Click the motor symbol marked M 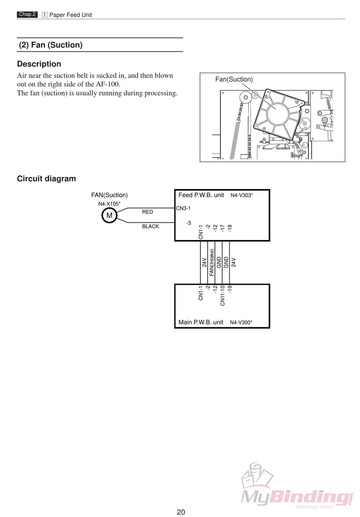[x=109, y=216]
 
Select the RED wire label [x=147, y=212]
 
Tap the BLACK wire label [x=150, y=226]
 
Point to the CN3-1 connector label [x=183, y=208]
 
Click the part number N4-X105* [x=109, y=204]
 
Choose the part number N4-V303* [x=242, y=195]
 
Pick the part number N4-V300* [x=241, y=322]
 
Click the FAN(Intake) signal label [x=212, y=262]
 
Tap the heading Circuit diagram [x=46, y=179]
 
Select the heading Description [x=39, y=64]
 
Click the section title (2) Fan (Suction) [x=51, y=45]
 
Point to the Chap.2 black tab [x=27, y=14]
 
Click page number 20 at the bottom [x=181, y=512]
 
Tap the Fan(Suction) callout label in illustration [x=234, y=79]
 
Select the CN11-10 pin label [x=222, y=295]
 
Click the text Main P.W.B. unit [x=201, y=322]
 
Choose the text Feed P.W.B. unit [x=201, y=195]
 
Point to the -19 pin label [x=230, y=289]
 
